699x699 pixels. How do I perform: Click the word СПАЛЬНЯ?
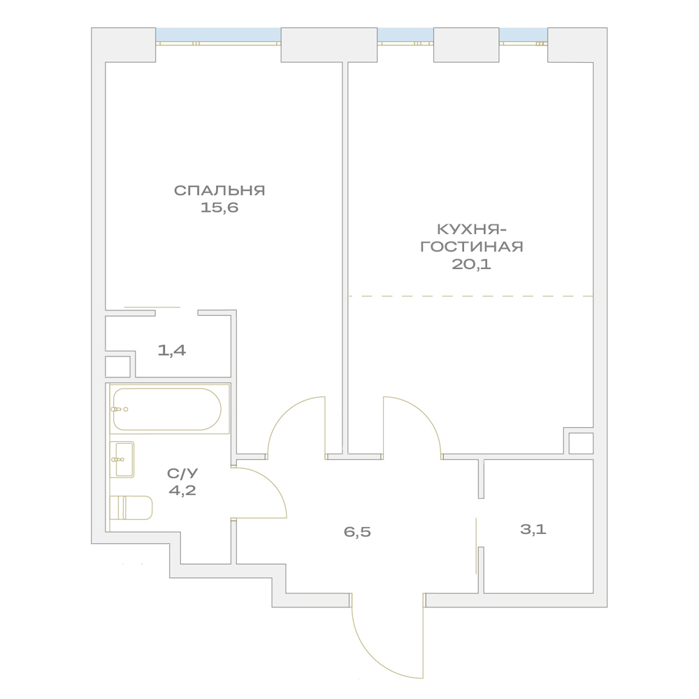[219, 190]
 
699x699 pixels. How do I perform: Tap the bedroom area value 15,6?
[219, 208]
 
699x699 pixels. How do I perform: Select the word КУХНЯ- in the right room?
[472, 229]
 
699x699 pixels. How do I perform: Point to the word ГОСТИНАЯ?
[472, 247]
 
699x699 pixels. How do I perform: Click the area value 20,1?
[472, 264]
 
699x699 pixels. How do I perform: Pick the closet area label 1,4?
[172, 350]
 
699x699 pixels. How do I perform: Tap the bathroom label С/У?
[182, 473]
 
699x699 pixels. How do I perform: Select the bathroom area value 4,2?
[182, 491]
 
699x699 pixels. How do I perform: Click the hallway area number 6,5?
[357, 532]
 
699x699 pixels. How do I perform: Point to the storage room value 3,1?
[533, 530]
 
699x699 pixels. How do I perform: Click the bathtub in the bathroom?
[167, 409]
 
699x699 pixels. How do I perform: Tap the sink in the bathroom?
[122, 459]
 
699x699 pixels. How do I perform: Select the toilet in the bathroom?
[131, 507]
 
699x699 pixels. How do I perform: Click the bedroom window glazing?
[218, 35]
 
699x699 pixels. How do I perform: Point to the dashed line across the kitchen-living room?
[470, 296]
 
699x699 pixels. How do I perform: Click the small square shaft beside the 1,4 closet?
[117, 366]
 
